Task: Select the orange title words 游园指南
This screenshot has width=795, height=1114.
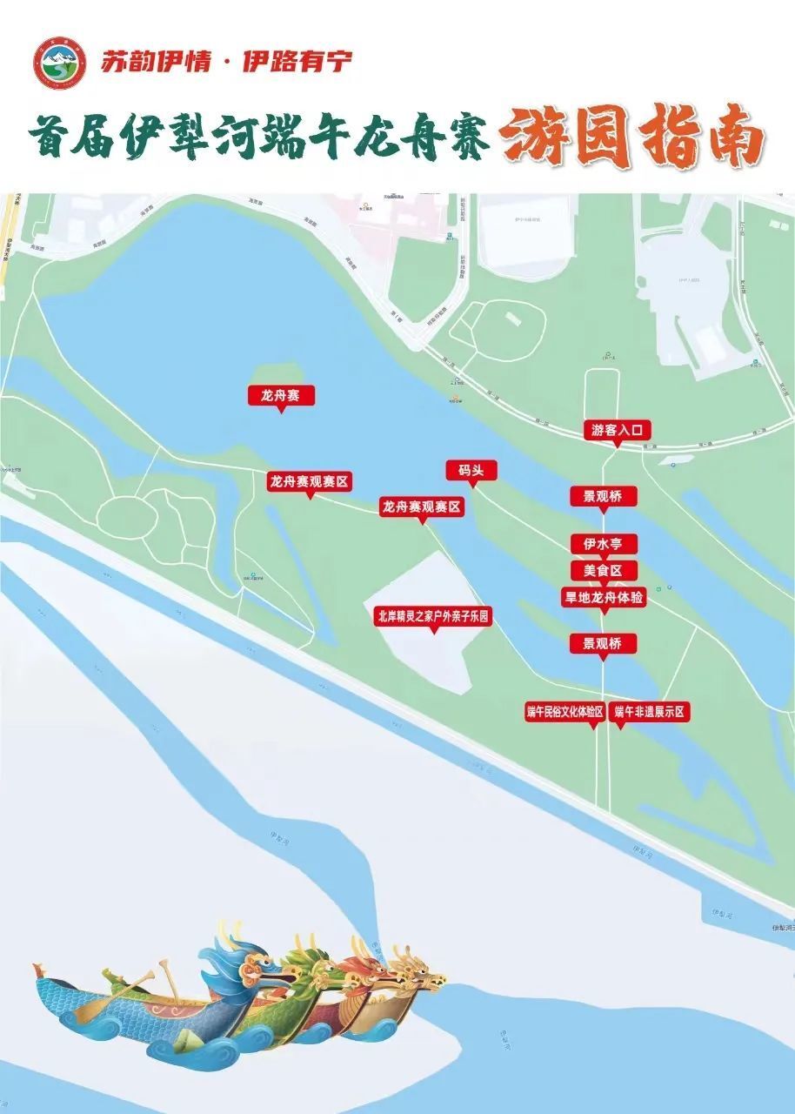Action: coord(631,138)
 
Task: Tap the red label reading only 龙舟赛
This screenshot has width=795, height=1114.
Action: coord(280,395)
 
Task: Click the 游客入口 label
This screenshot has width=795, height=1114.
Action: coord(617,429)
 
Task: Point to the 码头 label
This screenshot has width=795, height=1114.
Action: coord(471,470)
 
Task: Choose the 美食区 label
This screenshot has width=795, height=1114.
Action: coord(604,570)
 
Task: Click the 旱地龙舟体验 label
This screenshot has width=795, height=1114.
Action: coord(604,597)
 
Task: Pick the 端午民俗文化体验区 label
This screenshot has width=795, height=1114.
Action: coord(565,711)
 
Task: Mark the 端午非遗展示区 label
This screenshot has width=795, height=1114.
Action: coord(650,711)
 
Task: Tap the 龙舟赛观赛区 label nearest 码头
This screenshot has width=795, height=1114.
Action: coord(421,507)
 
